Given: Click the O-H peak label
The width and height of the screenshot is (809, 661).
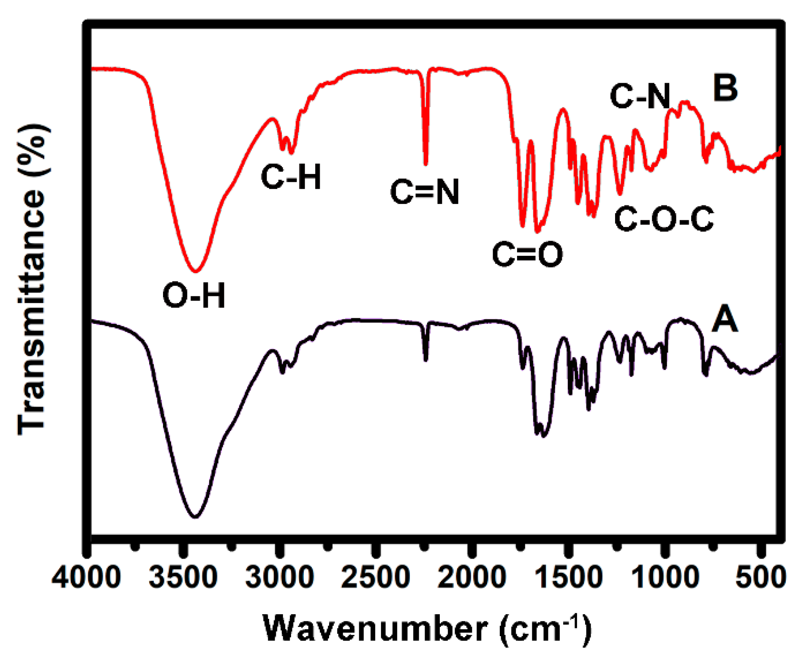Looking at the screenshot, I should (x=194, y=295).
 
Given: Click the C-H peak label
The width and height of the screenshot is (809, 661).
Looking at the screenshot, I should (x=291, y=176).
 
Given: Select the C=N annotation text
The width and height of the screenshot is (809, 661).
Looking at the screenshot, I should (x=425, y=192).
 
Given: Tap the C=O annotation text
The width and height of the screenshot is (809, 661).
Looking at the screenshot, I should (x=527, y=254).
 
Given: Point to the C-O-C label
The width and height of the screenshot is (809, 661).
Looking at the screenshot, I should (x=664, y=219).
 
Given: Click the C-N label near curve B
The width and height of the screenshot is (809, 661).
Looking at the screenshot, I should (x=640, y=96).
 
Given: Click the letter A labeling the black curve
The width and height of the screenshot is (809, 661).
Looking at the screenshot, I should (x=725, y=320).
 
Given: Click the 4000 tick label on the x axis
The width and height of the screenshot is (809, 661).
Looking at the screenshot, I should (x=87, y=577).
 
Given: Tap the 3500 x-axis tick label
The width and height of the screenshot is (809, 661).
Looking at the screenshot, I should (x=183, y=577).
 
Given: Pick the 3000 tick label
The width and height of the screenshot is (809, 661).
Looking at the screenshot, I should (x=280, y=577).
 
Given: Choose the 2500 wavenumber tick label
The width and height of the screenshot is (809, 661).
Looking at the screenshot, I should (x=376, y=577).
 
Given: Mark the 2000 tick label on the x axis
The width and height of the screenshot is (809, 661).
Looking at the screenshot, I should (x=471, y=577).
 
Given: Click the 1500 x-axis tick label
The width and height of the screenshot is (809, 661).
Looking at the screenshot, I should (x=568, y=577).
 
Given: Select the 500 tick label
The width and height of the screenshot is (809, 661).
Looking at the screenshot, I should (x=760, y=577).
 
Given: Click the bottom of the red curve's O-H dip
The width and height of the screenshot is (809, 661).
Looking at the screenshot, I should (x=195, y=271).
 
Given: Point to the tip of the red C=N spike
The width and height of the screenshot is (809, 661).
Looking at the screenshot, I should (x=425, y=164).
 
